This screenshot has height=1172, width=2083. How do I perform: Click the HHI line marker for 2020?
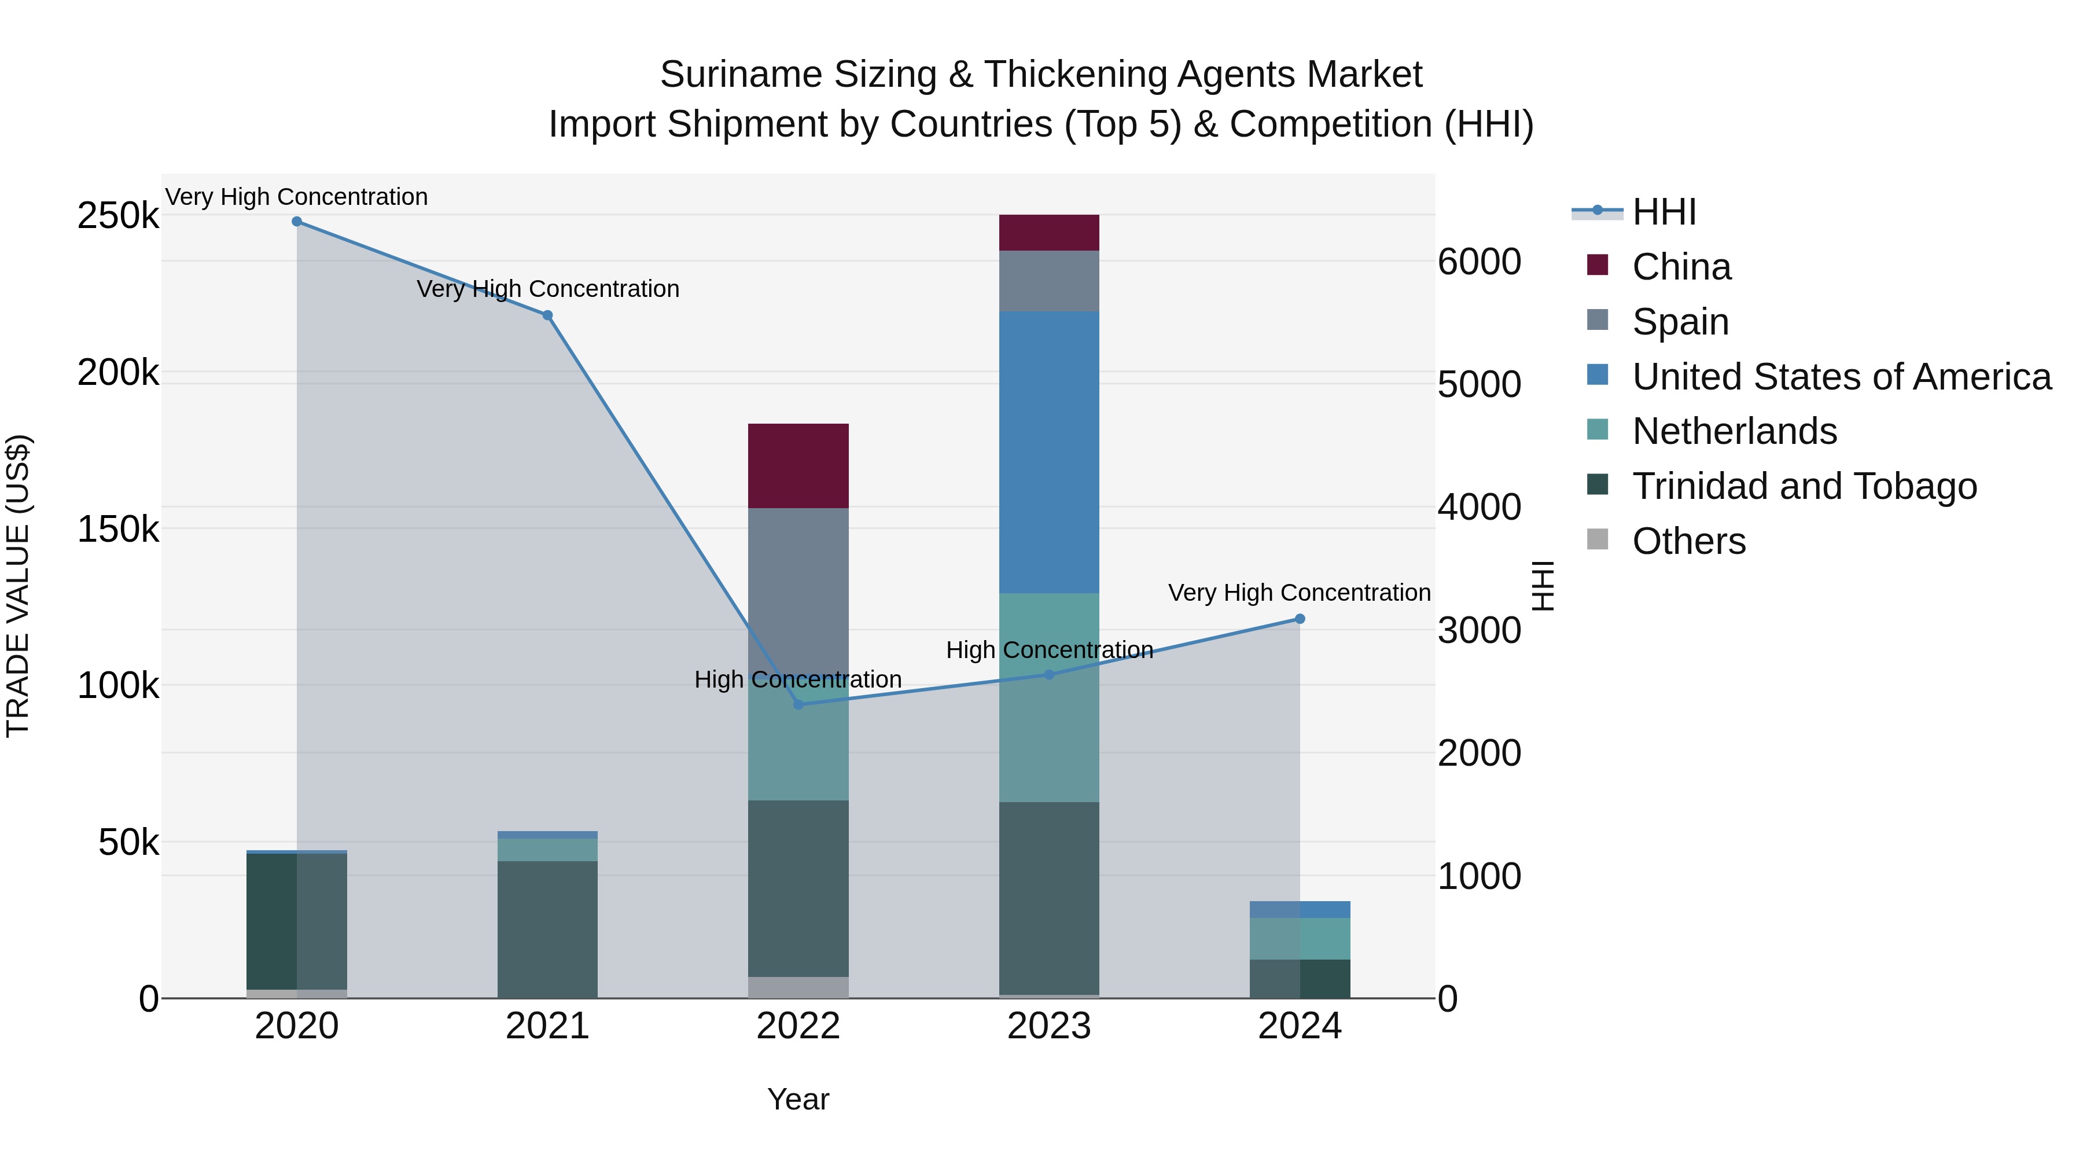click(297, 222)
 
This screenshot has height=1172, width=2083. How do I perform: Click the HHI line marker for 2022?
click(798, 704)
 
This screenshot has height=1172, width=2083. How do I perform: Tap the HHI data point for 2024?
click(1300, 619)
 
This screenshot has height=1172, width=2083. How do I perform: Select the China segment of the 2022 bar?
click(798, 466)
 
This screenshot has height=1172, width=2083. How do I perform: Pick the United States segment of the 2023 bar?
click(1049, 452)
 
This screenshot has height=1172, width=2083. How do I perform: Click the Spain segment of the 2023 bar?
click(1049, 281)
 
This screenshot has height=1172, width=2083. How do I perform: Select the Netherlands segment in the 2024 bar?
click(1300, 938)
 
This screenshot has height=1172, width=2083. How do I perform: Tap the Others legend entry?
click(1688, 541)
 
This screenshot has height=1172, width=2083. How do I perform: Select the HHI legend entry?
click(1664, 212)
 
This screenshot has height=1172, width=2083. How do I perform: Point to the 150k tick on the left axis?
click(118, 530)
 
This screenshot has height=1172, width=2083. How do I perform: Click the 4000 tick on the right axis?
click(1480, 508)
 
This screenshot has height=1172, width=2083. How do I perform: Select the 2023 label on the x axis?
click(1049, 1026)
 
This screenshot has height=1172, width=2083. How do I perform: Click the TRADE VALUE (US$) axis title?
click(18, 586)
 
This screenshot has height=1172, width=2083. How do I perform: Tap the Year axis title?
click(798, 1099)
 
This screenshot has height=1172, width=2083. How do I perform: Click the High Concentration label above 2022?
click(798, 679)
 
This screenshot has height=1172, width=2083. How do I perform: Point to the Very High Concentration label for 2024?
click(1300, 593)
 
